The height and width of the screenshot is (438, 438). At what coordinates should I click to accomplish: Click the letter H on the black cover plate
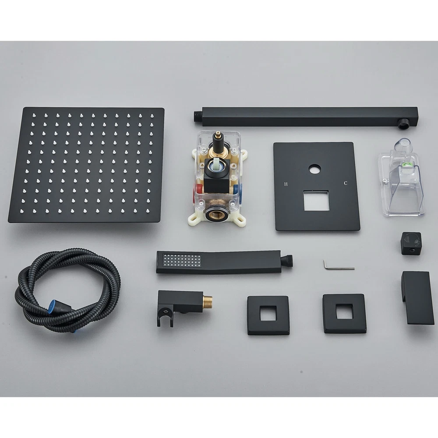click(x=286, y=184)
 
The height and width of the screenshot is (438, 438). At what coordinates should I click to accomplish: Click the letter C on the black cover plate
click(x=346, y=183)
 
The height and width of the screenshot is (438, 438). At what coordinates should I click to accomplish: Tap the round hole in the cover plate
click(x=315, y=170)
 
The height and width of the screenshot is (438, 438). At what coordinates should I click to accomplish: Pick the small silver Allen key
click(x=339, y=266)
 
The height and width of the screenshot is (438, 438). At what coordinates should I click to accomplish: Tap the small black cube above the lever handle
click(x=411, y=243)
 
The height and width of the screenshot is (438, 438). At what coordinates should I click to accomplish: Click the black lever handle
click(x=414, y=297)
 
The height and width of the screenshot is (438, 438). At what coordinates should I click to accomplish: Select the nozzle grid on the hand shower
click(x=182, y=260)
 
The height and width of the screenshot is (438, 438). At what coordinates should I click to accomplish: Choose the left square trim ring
click(x=268, y=315)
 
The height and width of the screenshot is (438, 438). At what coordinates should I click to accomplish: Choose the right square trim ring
click(x=344, y=314)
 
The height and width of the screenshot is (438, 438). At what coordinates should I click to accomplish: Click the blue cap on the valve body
click(x=236, y=188)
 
